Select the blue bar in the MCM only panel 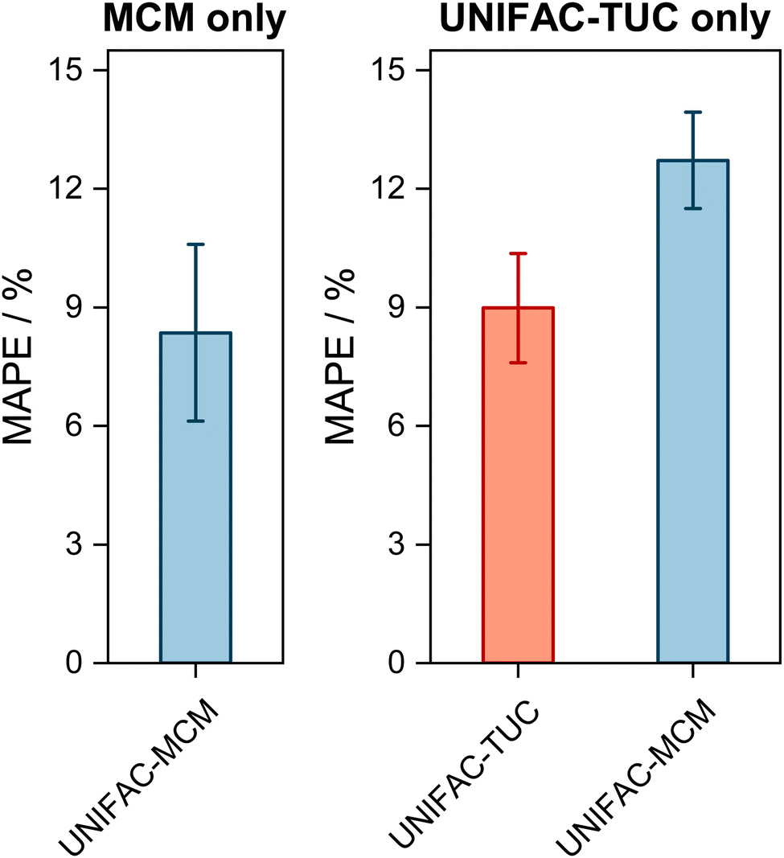[195, 499]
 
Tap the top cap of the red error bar [518, 253]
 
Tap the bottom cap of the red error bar [518, 363]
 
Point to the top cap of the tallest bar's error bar [692, 113]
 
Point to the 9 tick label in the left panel [78, 308]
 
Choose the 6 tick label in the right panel [400, 426]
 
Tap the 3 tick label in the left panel [78, 545]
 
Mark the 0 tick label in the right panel [400, 663]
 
